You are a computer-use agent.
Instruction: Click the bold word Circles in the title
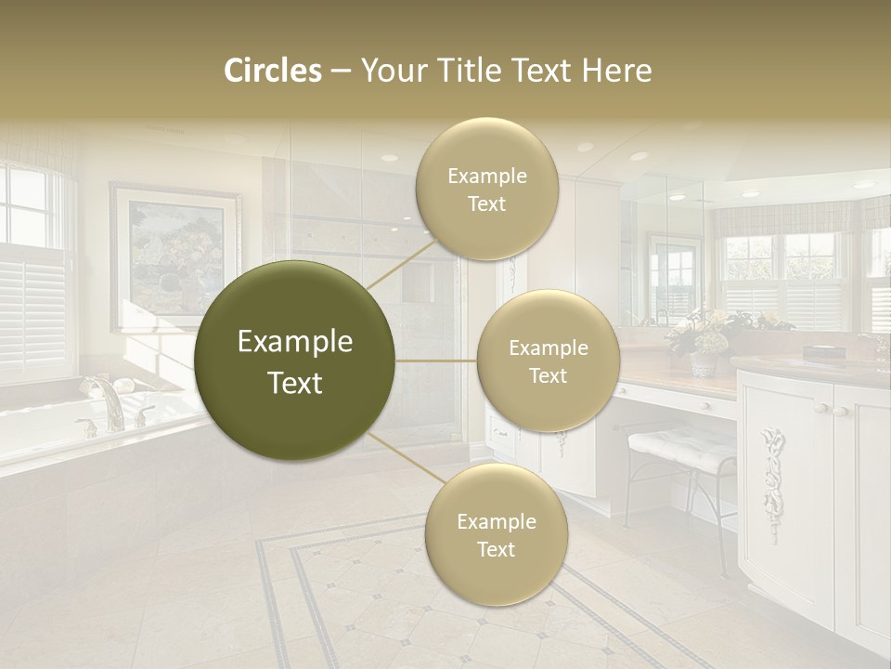(x=272, y=71)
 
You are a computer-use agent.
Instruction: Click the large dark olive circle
(x=294, y=361)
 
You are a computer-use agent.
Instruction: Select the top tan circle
(x=486, y=189)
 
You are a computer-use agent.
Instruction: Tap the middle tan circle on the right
(x=548, y=361)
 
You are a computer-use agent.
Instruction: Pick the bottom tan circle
(x=496, y=534)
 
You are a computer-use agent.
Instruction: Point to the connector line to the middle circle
(x=436, y=361)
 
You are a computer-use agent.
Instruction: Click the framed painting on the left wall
(x=174, y=256)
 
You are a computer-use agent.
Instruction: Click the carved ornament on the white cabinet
(x=772, y=469)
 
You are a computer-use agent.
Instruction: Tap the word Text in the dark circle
(x=294, y=383)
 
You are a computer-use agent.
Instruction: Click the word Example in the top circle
(x=486, y=176)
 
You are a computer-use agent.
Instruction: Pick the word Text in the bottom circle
(x=496, y=549)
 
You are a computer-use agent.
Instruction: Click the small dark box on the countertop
(x=823, y=351)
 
